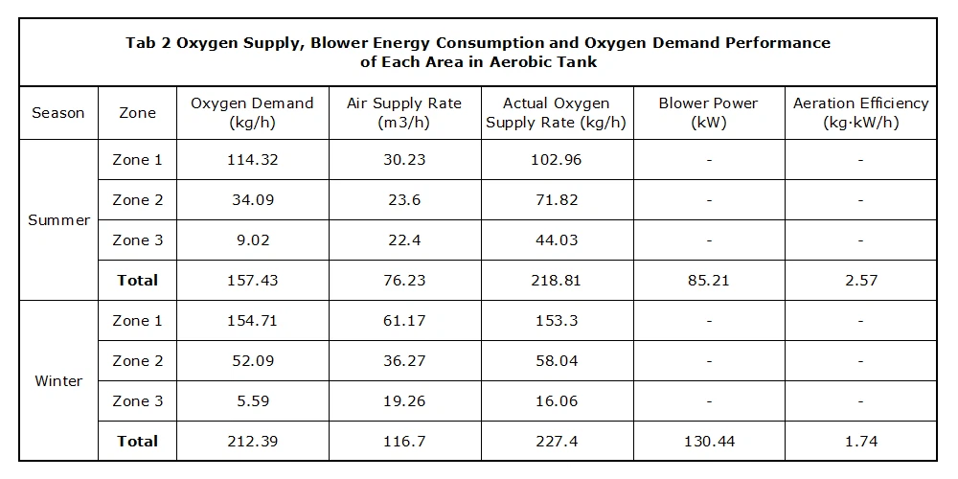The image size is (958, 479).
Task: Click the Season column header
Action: (x=58, y=113)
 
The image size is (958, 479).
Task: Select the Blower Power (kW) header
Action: (x=709, y=112)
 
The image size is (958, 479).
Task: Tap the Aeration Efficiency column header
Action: (x=860, y=112)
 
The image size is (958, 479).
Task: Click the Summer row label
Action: (x=58, y=220)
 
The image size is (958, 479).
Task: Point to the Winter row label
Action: (x=58, y=380)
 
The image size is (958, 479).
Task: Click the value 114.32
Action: (x=253, y=159)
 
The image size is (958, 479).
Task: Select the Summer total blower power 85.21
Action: (x=709, y=281)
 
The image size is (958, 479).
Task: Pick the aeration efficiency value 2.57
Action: (x=860, y=281)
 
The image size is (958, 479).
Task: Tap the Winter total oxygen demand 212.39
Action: (x=253, y=441)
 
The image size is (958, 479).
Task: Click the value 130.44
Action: (x=709, y=441)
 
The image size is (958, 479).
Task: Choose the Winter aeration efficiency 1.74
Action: (x=860, y=441)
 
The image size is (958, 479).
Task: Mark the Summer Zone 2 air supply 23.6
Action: (x=404, y=200)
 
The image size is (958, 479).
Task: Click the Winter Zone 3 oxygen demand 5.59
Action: (x=253, y=400)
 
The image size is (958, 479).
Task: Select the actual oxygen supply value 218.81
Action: (x=557, y=281)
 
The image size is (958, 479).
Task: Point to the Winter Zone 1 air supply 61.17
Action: (x=404, y=320)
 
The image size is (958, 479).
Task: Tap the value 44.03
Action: (x=557, y=240)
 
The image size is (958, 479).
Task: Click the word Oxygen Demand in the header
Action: (x=252, y=103)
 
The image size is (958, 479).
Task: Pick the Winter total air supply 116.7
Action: (x=404, y=441)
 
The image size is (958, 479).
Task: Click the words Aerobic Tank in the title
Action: (x=543, y=61)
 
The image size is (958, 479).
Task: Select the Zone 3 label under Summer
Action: (x=137, y=240)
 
